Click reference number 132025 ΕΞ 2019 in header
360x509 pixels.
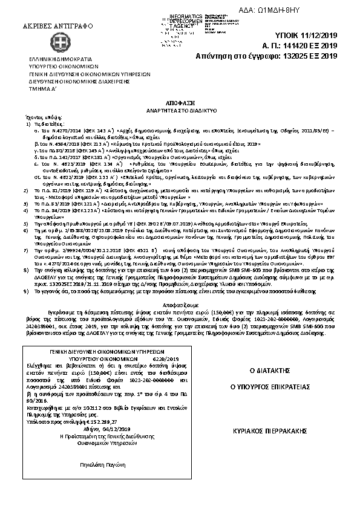tap(309, 56)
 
